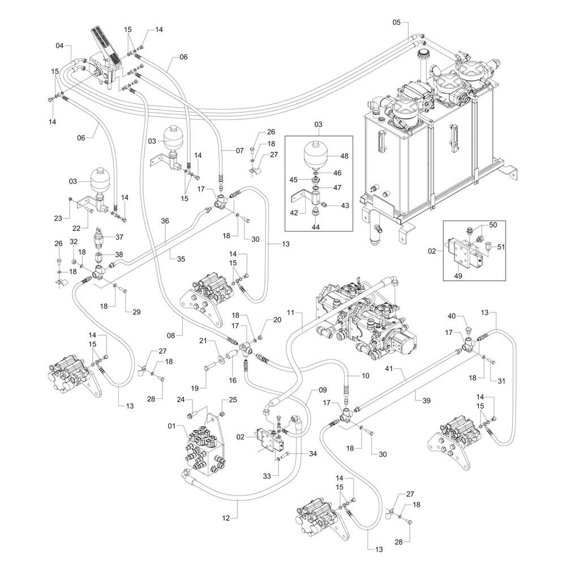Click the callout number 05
point(396,22)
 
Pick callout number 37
point(119,237)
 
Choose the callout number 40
point(452,316)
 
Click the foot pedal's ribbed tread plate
point(102,42)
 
